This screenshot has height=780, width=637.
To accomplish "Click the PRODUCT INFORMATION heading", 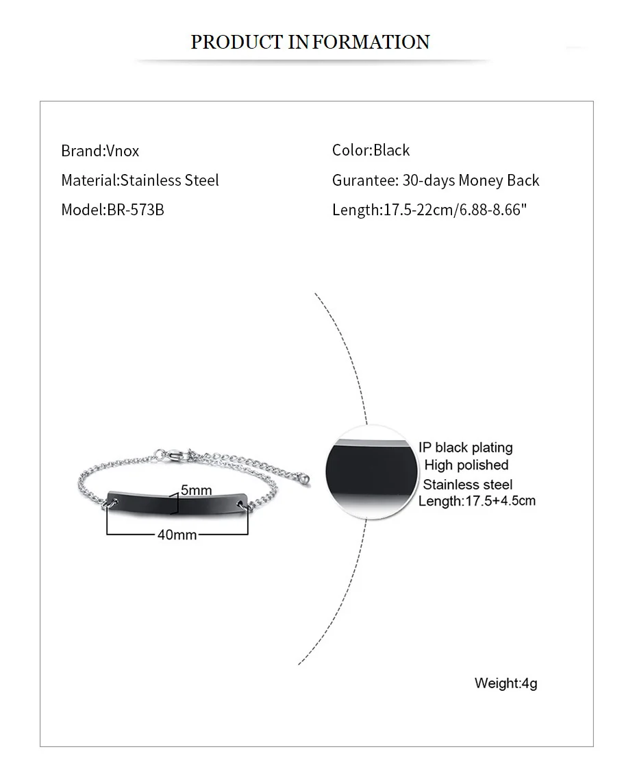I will click(310, 42).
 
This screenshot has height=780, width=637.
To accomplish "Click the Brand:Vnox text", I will click(100, 151).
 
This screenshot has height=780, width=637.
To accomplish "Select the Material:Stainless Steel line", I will click(140, 180).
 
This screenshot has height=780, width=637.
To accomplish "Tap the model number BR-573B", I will click(136, 210).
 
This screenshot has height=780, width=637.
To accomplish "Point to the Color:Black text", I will click(371, 150).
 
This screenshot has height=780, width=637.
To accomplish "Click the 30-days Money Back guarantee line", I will click(436, 180).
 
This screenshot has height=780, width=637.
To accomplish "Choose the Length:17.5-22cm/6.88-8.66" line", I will click(429, 210).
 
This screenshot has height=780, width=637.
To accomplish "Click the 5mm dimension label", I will click(197, 490).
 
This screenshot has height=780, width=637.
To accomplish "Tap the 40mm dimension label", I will click(177, 535).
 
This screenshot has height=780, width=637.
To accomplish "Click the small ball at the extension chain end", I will click(308, 478).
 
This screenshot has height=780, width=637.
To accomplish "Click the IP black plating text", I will click(466, 448).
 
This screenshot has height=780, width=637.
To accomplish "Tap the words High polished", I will click(466, 465).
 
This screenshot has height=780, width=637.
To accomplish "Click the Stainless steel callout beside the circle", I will click(468, 485).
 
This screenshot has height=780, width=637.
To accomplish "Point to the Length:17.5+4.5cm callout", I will click(477, 501).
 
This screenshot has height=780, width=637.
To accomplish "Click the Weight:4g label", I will click(505, 683).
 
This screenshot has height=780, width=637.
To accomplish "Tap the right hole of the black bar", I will click(242, 505).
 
